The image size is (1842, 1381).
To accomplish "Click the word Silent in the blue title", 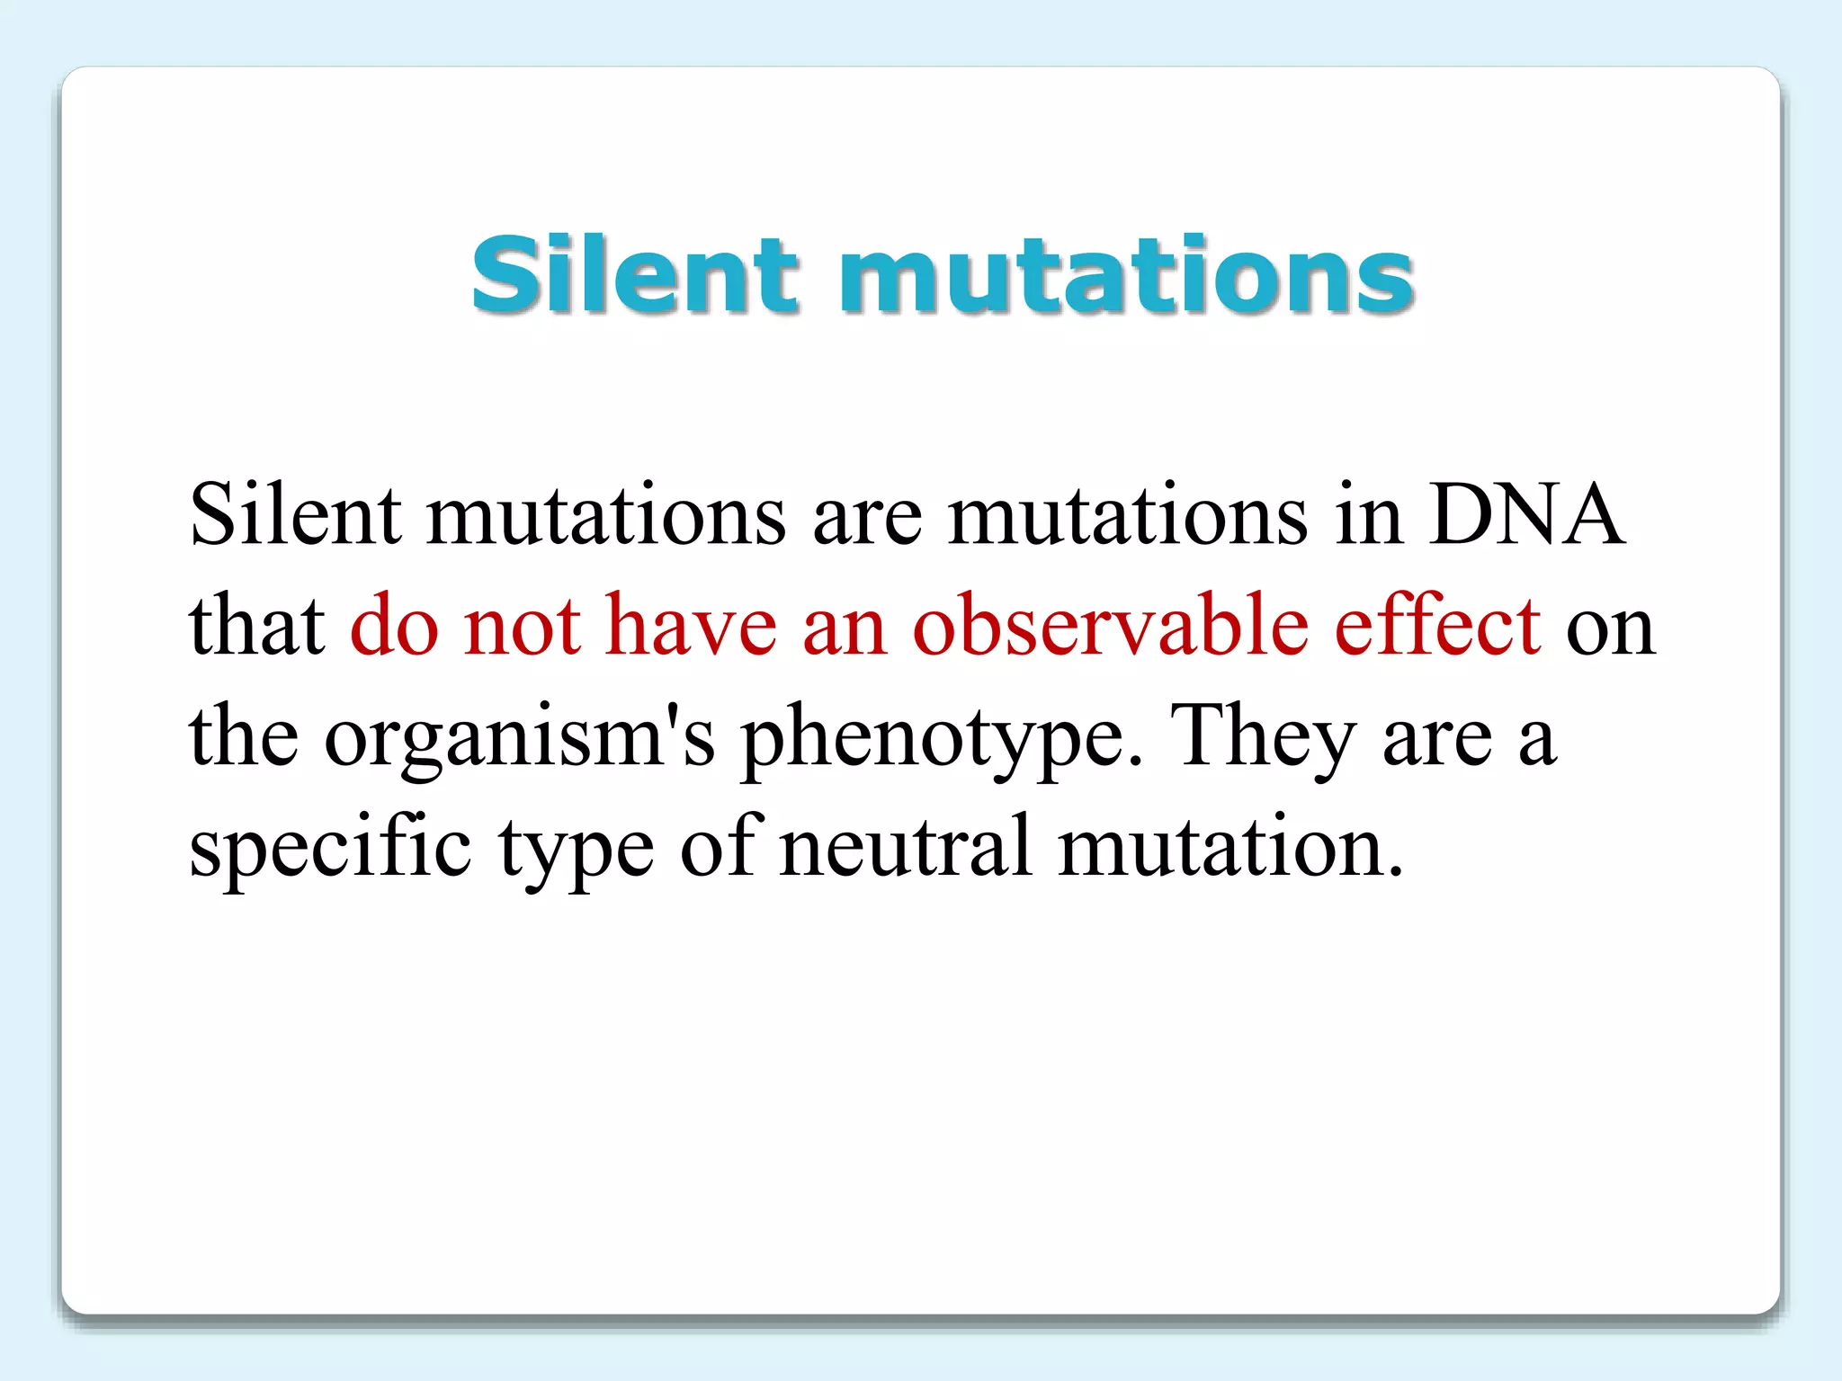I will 635,274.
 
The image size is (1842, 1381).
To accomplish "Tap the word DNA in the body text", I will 1526,515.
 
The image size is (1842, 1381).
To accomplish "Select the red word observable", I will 1110,625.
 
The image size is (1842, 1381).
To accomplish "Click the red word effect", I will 1437,625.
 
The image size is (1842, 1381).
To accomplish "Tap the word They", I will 1263,735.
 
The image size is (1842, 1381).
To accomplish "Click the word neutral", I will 905,846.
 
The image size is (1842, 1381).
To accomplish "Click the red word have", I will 691,625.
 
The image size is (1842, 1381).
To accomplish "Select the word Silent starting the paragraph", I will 295,515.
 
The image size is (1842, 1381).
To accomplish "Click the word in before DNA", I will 1368,515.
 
